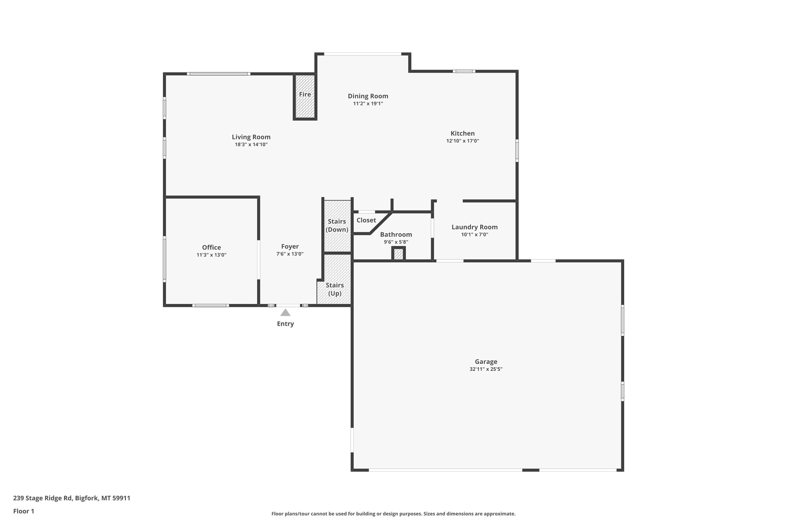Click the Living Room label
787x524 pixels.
point(251,137)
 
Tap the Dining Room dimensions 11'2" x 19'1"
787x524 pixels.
point(368,103)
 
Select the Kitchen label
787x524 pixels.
point(462,133)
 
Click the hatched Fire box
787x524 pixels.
point(305,96)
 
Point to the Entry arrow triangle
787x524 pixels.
point(285,313)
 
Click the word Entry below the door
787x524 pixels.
point(285,324)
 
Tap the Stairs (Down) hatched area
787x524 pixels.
point(337,226)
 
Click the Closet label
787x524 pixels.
point(366,220)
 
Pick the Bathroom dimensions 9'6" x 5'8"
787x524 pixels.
point(396,242)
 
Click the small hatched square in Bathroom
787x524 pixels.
point(398,254)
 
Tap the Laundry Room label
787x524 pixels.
point(474,227)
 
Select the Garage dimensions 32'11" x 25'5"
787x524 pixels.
point(486,369)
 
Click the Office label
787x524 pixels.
point(211,247)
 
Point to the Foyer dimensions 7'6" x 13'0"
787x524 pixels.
point(290,254)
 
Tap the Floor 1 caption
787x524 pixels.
point(24,511)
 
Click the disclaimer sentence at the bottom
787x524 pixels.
point(393,514)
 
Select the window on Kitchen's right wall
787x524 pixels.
point(517,151)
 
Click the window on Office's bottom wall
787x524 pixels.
point(211,305)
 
